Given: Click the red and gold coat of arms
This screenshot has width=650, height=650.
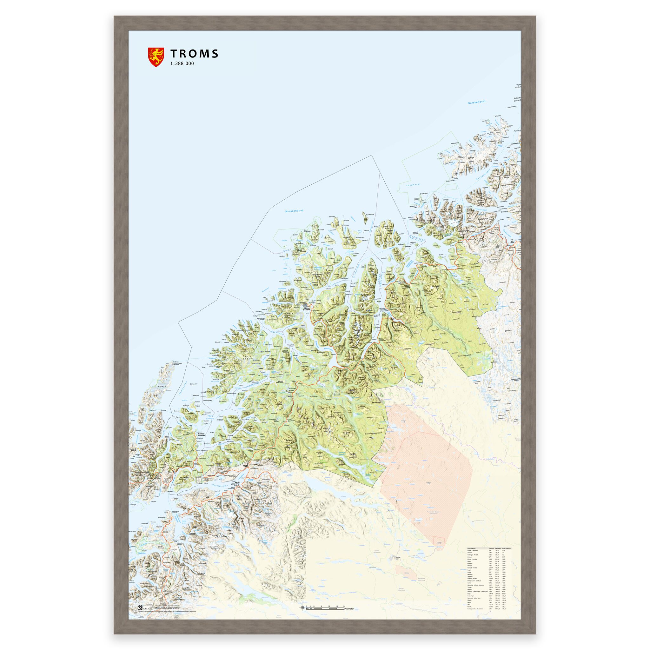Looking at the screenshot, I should click(x=155, y=57).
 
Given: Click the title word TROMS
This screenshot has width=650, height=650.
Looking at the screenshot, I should click(x=195, y=54).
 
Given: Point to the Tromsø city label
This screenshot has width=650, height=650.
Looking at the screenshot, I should click(x=306, y=307).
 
